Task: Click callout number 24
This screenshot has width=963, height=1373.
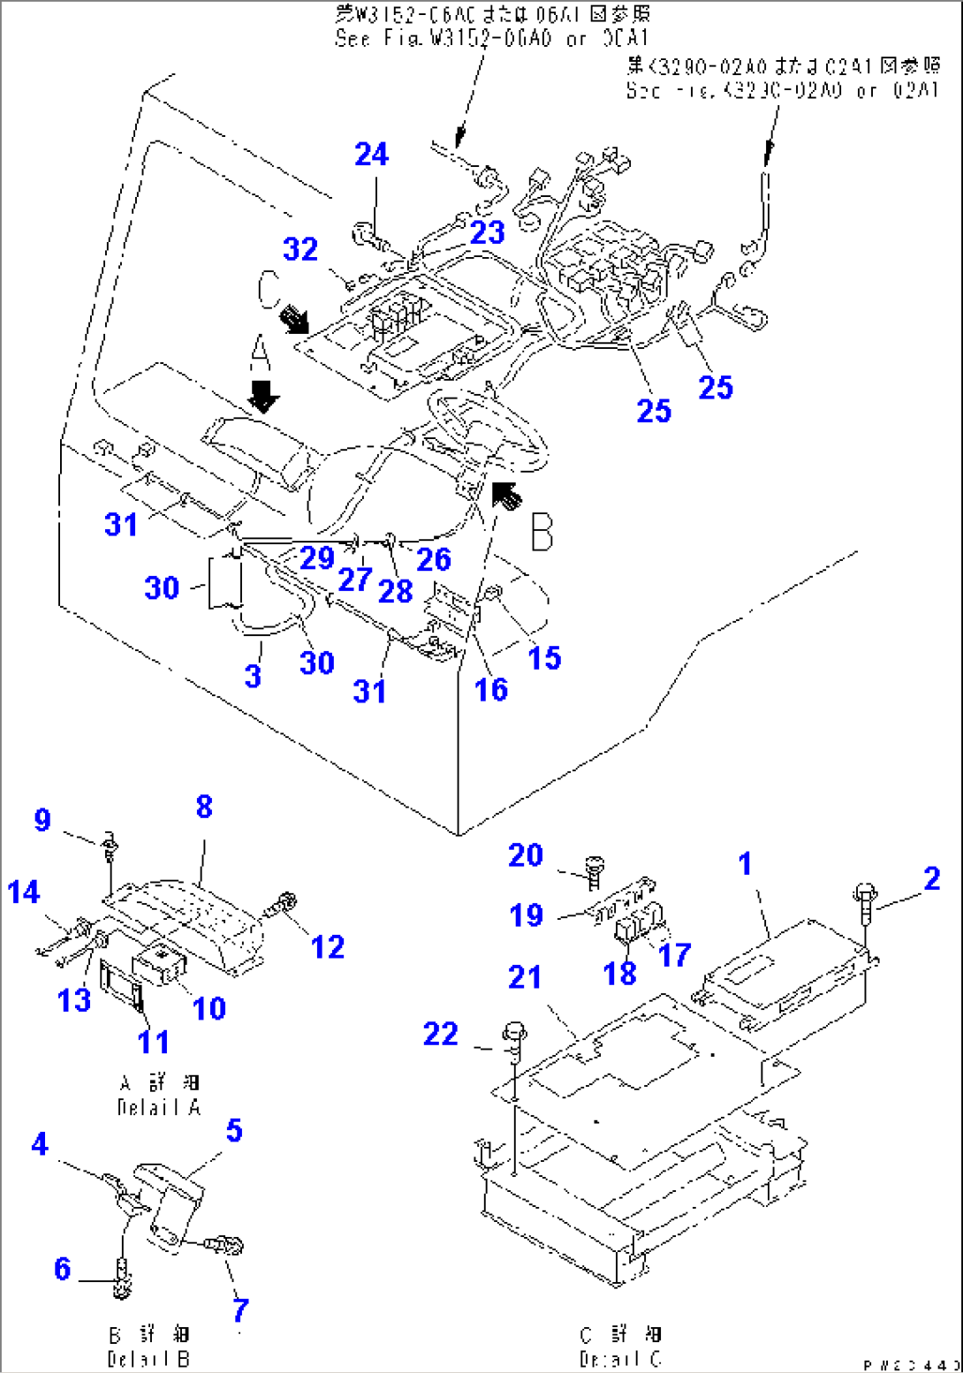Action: pos(371,155)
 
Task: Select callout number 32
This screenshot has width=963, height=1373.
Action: pos(300,249)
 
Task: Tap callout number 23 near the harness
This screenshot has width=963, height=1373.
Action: pos(487,232)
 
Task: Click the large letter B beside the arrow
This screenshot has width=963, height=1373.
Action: pos(542,532)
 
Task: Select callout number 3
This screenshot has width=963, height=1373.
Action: pos(253,676)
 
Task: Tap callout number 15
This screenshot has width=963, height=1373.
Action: pos(544,657)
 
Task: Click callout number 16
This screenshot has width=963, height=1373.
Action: pos(491,689)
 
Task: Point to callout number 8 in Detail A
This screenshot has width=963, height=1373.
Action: pos(204,806)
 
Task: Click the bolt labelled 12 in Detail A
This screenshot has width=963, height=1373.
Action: pos(285,904)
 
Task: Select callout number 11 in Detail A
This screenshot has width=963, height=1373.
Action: pos(154,1042)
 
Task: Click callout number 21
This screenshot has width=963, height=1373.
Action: pos(525,977)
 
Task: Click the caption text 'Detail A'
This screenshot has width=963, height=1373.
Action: pos(159,1107)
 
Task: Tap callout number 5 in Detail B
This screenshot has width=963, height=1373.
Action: pos(234,1130)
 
